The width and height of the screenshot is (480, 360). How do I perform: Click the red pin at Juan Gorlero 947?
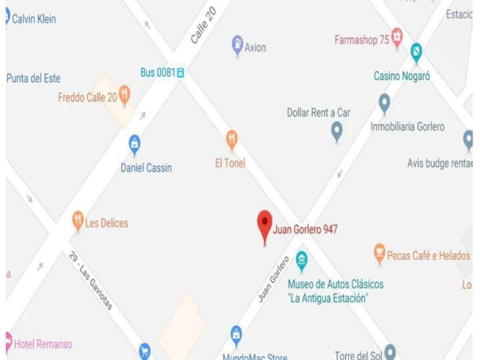pyautogui.click(x=265, y=225)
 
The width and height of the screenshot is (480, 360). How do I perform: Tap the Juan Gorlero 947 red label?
pyautogui.click(x=305, y=229)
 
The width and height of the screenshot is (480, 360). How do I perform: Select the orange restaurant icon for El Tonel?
pyautogui.click(x=231, y=139)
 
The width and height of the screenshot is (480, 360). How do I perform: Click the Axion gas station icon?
pyautogui.click(x=237, y=45)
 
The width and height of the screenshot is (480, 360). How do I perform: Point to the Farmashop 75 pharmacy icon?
pyautogui.click(x=397, y=37)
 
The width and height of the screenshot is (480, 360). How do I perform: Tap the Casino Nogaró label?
pyautogui.click(x=401, y=76)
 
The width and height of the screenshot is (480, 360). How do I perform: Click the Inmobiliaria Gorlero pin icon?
pyautogui.click(x=384, y=103)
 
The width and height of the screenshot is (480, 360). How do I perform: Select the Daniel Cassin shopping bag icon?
pyautogui.click(x=135, y=143)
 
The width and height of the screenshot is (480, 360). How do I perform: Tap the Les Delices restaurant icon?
pyautogui.click(x=78, y=221)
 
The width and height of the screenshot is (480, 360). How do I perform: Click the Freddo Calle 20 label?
pyautogui.click(x=87, y=97)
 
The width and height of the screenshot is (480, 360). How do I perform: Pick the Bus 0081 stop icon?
pyautogui.click(x=180, y=73)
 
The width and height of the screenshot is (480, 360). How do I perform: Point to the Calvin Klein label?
pyautogui.click(x=34, y=19)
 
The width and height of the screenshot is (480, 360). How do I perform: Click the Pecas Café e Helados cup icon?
pyautogui.click(x=379, y=253)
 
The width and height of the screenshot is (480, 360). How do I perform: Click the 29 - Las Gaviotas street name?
pyautogui.click(x=91, y=281)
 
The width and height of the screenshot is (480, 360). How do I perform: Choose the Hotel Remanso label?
pyautogui.click(x=43, y=344)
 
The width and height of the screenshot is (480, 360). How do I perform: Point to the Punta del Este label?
pyautogui.click(x=33, y=78)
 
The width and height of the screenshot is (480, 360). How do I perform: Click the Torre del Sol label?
pyautogui.click(x=357, y=355)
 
